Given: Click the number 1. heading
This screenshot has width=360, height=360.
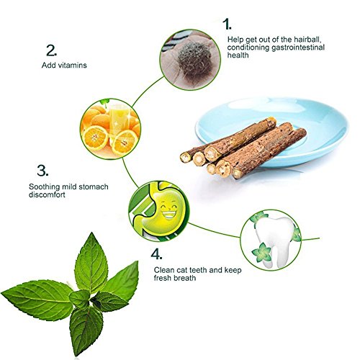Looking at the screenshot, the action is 227,24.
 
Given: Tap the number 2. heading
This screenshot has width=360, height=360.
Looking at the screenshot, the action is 51,50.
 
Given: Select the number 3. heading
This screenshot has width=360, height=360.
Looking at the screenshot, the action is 42,170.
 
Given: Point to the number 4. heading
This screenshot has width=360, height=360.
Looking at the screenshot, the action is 156,254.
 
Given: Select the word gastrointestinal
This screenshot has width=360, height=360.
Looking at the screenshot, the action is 298,48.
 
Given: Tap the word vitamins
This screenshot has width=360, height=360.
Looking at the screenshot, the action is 73,65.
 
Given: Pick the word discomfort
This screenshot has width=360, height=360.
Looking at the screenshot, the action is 47,194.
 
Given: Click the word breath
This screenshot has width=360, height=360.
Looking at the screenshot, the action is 184,278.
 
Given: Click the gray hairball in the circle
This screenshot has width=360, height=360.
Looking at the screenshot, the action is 194,59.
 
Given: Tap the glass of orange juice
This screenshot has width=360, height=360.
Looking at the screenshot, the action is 120,120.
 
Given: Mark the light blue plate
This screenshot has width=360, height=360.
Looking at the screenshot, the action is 272,132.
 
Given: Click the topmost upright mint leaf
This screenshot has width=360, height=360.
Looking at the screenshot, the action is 91,264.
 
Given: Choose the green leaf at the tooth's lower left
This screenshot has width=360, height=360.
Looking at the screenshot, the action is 261,253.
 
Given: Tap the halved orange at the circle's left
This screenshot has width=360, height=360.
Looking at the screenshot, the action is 95,138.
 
